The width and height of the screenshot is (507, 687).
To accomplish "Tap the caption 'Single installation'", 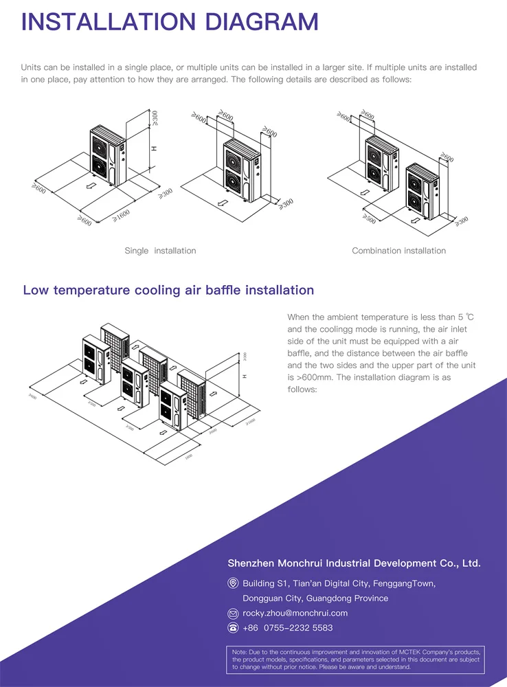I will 160,251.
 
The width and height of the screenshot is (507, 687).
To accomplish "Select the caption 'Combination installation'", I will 398,251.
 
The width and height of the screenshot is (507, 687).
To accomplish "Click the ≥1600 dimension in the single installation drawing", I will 121,215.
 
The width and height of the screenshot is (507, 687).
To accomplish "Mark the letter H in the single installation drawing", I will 154,148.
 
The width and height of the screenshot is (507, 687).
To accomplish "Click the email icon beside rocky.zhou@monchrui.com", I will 233,613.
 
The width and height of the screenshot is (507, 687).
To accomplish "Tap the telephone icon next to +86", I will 233,628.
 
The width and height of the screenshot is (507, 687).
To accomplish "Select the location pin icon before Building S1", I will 233,583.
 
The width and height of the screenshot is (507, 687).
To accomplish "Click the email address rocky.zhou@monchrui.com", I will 295,613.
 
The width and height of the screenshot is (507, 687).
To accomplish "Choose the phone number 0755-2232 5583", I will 298,628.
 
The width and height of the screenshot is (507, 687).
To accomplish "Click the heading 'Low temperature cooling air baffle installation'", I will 168,290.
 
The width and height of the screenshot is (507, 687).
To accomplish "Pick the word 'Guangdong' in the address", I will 334,598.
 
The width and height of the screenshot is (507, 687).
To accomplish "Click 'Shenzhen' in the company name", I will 251,563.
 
